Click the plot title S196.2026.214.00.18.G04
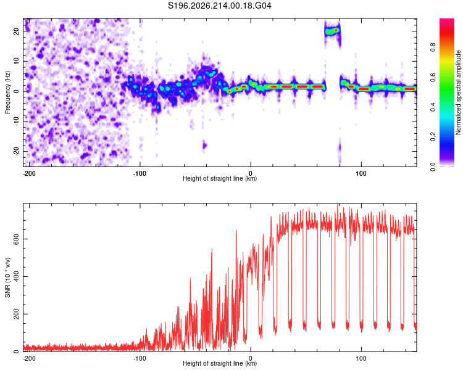pyautogui.click(x=219, y=6)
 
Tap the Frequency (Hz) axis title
pyautogui.click(x=7, y=92)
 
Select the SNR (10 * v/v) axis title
pyautogui.click(x=7, y=277)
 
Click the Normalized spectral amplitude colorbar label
pyautogui.click(x=458, y=92)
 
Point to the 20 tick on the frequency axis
pyautogui.click(x=17, y=31)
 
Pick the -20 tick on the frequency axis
pyautogui.click(x=17, y=152)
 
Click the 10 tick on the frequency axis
pyautogui.click(x=17, y=62)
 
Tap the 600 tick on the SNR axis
pyautogui.click(x=17, y=239)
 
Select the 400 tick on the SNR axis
pyautogui.click(x=17, y=276)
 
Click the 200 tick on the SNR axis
pyautogui.click(x=17, y=314)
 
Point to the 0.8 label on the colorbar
pyautogui.click(x=433, y=47)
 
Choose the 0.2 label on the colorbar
pyautogui.click(x=433, y=137)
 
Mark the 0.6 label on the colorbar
pyautogui.click(x=433, y=77)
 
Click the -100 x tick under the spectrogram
pyautogui.click(x=140, y=173)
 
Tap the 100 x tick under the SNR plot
pyautogui.click(x=361, y=358)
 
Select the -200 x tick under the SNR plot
pyautogui.click(x=29, y=358)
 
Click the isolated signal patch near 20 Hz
pyautogui.click(x=333, y=31)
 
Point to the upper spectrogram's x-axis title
pyautogui.click(x=220, y=178)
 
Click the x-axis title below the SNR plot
pyautogui.click(x=220, y=363)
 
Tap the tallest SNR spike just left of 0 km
pyautogui.click(x=236, y=231)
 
